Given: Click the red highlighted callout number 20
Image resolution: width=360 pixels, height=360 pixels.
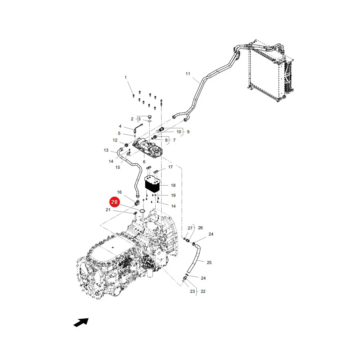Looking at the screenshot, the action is [114, 202].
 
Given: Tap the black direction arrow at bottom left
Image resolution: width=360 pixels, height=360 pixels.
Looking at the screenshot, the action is [81, 322].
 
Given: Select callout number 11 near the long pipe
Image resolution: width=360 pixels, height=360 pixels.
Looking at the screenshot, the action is [188, 74].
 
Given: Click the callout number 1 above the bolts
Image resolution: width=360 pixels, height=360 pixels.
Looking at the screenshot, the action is [126, 77].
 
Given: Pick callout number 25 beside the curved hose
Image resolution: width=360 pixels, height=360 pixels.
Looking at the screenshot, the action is [209, 262].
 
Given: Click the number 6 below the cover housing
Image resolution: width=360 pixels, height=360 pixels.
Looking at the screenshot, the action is [144, 162].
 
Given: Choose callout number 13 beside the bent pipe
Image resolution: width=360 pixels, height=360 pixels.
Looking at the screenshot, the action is [106, 150].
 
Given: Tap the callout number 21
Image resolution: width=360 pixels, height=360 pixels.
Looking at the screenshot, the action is [108, 210].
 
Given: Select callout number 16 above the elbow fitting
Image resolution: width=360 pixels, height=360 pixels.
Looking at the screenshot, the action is [119, 192].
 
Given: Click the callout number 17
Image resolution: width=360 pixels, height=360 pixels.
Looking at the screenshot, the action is [170, 167].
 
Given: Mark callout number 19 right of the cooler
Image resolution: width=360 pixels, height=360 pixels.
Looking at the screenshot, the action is [173, 195].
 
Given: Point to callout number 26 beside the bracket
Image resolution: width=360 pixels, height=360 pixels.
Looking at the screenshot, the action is [200, 228].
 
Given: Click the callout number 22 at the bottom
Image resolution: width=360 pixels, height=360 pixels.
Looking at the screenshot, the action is [203, 291].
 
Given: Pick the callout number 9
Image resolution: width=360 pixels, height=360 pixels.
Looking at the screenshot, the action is [188, 132].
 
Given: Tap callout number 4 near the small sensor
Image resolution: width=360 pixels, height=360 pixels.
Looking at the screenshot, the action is [120, 126].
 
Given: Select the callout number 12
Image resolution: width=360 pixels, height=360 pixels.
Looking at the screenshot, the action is [115, 140].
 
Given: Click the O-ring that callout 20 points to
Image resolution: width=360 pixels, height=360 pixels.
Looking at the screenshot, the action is [142, 211].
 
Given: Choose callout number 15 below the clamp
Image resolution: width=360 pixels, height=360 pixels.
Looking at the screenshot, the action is [118, 167].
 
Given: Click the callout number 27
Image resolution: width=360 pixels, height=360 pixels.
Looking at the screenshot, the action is [190, 228].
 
